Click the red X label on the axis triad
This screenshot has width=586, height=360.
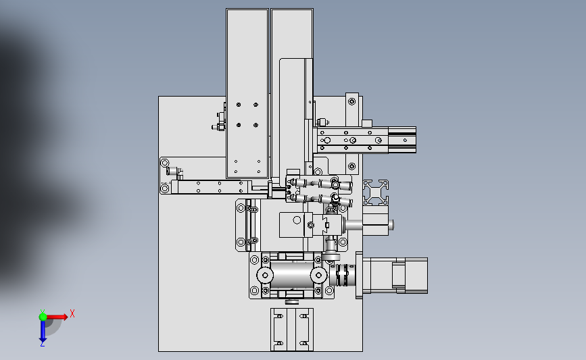72,313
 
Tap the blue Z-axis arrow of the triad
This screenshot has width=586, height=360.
43,331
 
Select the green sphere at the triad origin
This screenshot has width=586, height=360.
43,317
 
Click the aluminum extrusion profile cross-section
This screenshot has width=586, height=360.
376,192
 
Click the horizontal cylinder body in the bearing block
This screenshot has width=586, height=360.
292,275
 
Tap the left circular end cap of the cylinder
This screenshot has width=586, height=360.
265,275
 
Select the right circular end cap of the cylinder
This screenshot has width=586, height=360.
319,275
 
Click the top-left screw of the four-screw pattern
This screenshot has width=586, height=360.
239,105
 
